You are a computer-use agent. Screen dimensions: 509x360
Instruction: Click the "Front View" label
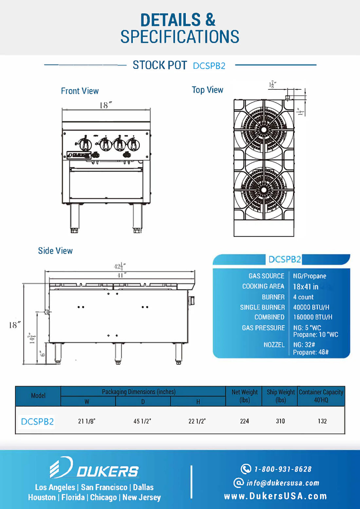pos(80,91)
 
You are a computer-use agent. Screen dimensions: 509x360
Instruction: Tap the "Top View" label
pos(207,90)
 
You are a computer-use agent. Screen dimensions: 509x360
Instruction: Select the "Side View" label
pos(55,251)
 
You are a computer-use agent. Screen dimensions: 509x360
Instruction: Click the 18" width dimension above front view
pos(105,105)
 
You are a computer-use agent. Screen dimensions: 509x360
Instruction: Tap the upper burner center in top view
pos(264,130)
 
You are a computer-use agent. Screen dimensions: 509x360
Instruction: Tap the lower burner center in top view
pos(264,190)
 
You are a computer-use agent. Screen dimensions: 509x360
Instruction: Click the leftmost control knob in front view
pos(85,144)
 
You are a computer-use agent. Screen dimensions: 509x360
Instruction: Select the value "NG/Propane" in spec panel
pos(309,276)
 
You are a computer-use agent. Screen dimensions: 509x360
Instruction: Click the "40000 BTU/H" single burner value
pos(311,307)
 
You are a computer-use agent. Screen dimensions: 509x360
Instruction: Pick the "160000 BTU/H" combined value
pos(313,317)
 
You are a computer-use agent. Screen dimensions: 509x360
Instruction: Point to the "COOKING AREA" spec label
pos(263,286)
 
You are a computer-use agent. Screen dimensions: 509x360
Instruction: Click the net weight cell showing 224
pos(244,421)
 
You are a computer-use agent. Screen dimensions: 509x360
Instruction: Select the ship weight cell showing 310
pos(280,421)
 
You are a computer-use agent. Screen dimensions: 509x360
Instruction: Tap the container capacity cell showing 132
pos(322,421)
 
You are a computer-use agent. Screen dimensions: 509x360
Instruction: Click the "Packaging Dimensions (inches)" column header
pos(138,392)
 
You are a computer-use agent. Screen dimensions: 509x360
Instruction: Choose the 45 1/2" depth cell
pos(142,421)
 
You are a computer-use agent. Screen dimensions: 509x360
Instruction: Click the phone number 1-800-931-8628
pos(283,469)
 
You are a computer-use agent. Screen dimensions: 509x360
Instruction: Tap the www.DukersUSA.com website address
pos(275,496)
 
